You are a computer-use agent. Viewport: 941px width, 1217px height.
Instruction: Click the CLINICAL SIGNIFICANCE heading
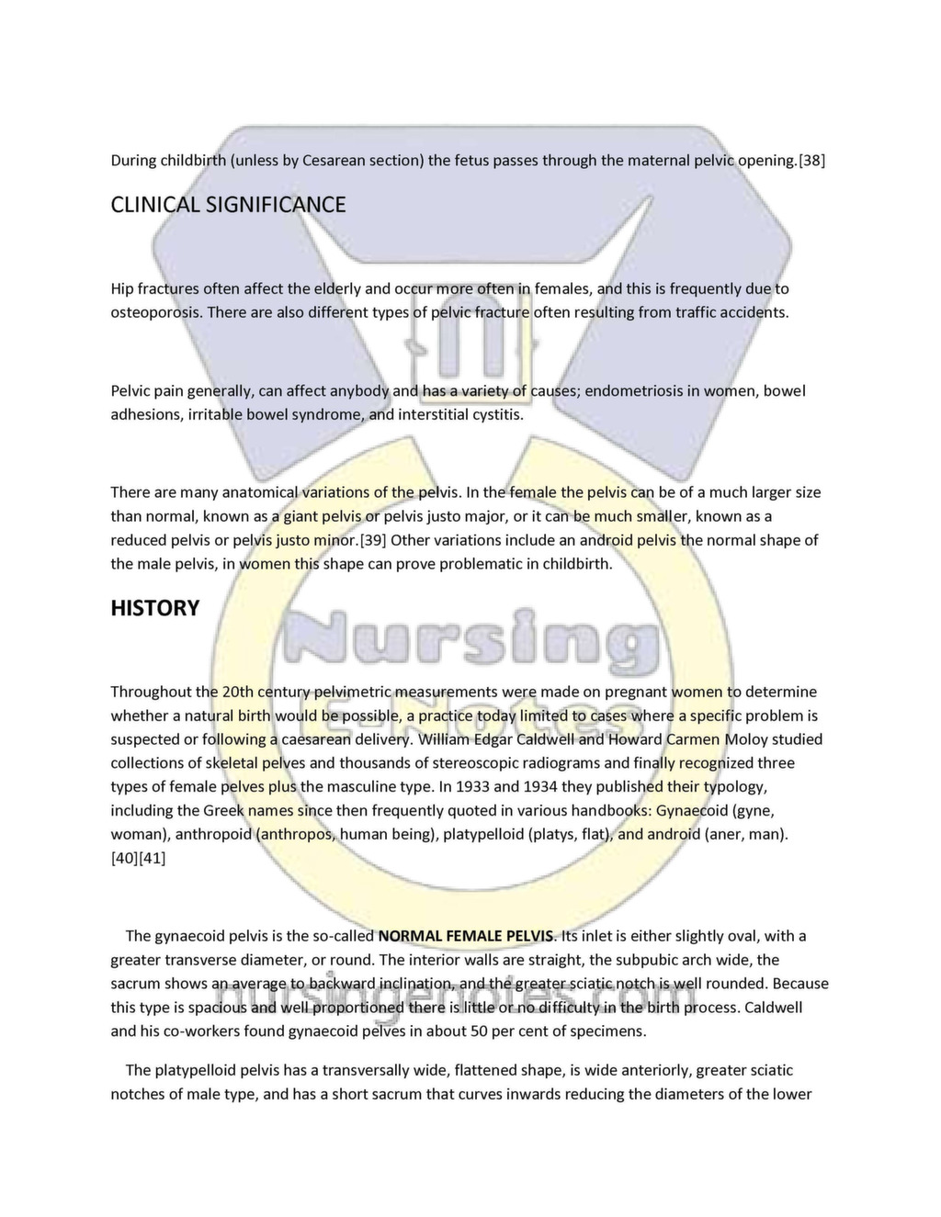(228, 205)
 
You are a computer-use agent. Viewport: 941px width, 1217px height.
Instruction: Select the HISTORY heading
(154, 608)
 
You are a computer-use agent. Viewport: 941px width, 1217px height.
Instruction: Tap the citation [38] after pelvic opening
(811, 161)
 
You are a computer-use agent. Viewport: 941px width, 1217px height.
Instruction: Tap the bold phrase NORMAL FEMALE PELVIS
(466, 937)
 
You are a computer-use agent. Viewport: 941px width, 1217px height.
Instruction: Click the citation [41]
(153, 859)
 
